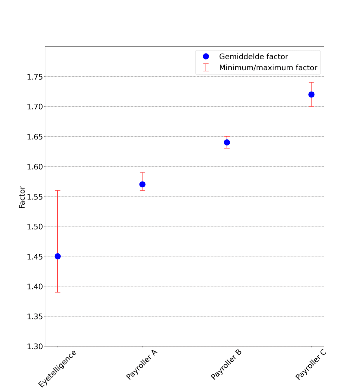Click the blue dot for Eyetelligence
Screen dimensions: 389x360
(x=58, y=256)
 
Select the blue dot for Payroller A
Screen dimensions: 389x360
(x=142, y=184)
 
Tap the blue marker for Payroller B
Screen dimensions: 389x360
(x=227, y=142)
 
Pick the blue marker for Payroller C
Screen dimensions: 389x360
(x=311, y=95)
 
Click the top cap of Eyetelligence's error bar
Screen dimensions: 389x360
(x=58, y=190)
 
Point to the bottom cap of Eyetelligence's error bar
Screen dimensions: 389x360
(x=58, y=292)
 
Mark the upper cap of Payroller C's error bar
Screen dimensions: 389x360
(x=311, y=82)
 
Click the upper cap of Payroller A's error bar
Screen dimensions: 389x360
(x=142, y=172)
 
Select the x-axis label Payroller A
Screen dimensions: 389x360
(x=142, y=365)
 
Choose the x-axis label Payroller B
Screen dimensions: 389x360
(x=226, y=365)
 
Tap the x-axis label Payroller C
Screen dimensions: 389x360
(x=311, y=365)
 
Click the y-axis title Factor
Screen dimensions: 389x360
(x=22, y=197)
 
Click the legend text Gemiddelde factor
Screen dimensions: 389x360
(x=253, y=57)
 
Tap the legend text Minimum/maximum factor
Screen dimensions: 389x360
(x=268, y=68)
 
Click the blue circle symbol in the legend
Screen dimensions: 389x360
(x=206, y=57)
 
